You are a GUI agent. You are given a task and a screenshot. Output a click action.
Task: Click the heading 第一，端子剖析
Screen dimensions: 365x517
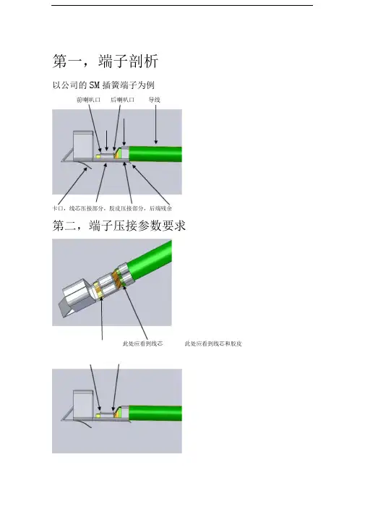pyautogui.click(x=106, y=61)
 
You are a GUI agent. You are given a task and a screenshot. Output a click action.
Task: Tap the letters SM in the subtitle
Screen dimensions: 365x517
pyautogui.click(x=94, y=85)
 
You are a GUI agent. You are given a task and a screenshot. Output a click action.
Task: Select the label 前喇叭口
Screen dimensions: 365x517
pyautogui.click(x=88, y=100)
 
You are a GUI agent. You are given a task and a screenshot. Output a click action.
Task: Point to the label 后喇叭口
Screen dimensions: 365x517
pyautogui.click(x=122, y=100)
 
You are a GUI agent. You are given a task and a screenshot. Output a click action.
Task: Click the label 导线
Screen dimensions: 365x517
pyautogui.click(x=154, y=100)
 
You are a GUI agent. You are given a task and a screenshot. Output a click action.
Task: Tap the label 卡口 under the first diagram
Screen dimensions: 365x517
pyautogui.click(x=58, y=208)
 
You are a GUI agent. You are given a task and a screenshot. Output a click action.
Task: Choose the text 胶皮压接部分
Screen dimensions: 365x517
pyautogui.click(x=127, y=208)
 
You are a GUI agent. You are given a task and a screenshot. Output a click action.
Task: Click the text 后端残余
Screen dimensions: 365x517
pyautogui.click(x=160, y=208)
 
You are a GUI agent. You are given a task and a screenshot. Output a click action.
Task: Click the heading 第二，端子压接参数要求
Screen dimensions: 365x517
pyautogui.click(x=119, y=226)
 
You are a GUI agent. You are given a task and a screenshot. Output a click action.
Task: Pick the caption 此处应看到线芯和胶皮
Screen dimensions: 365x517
pyautogui.click(x=213, y=343)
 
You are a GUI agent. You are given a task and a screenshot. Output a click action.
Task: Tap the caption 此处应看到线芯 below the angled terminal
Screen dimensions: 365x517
pyautogui.click(x=142, y=343)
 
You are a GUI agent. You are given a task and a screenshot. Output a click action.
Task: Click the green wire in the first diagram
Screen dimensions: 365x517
pyautogui.click(x=155, y=154)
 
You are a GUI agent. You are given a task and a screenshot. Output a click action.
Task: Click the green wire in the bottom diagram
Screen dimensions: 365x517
pyautogui.click(x=155, y=413)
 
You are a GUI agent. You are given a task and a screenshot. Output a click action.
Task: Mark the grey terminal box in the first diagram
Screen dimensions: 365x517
pyautogui.click(x=83, y=145)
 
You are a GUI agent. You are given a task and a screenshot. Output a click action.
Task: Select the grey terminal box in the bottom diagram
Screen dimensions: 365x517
pyautogui.click(x=83, y=404)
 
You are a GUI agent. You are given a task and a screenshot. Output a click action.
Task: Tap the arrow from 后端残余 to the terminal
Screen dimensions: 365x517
pyautogui.click(x=151, y=184)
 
